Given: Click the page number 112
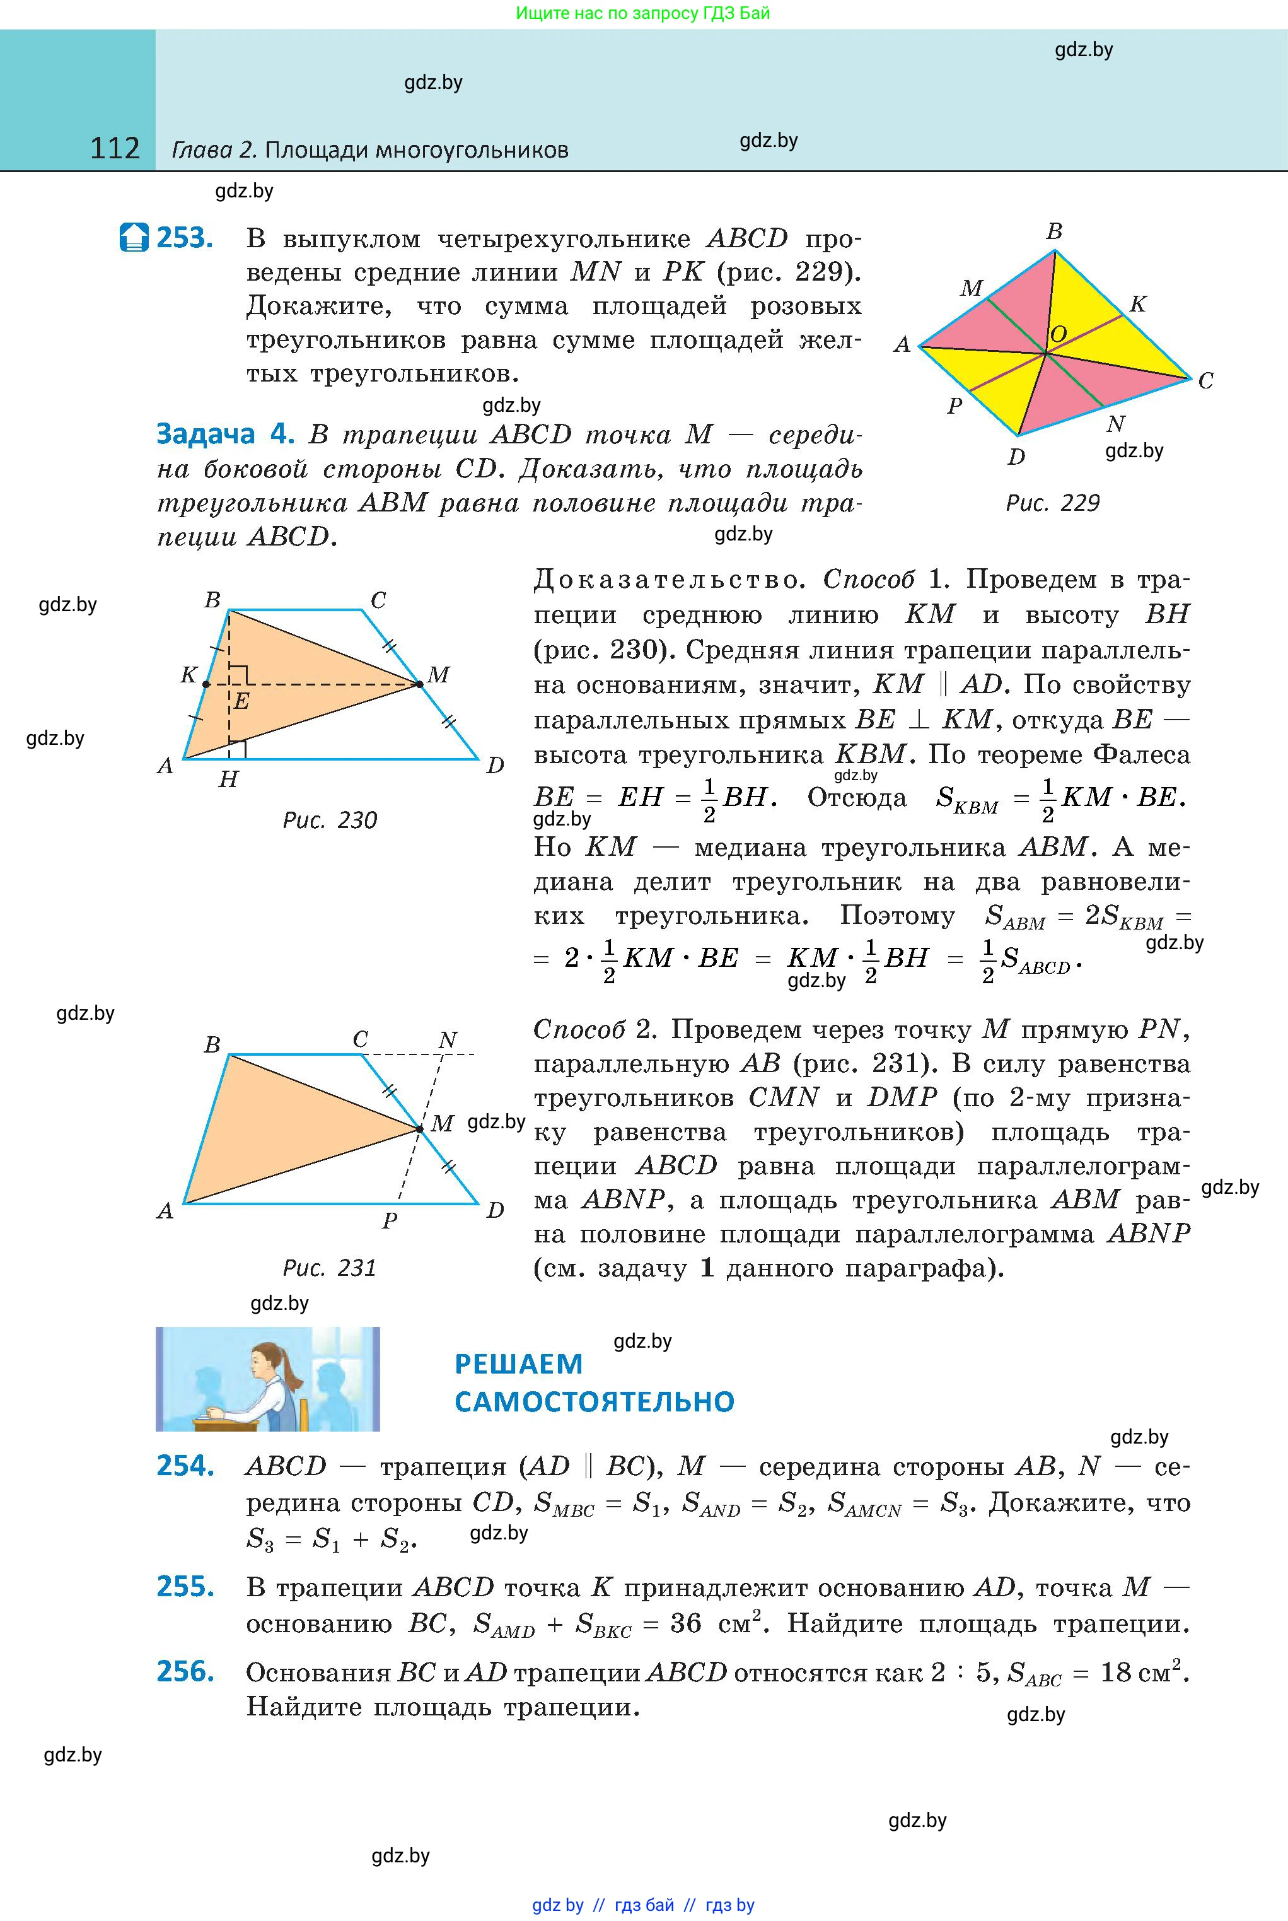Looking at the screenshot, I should coord(115,149).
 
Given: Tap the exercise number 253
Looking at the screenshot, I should coord(185,238).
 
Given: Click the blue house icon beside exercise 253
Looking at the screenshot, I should coord(134,238).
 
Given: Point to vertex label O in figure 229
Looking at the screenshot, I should coord(1058,334).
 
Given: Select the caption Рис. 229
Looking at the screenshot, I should coord(1052,503).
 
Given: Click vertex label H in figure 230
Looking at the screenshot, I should coord(228,779).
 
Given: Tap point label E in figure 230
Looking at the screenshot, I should coord(241,702).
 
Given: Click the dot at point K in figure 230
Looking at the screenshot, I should coord(206,684).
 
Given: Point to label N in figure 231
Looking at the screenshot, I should coord(447,1040).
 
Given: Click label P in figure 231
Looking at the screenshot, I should coord(390,1221).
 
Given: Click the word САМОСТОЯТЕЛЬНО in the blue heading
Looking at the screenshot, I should coord(594,1401).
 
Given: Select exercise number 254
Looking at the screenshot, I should coord(185,1466).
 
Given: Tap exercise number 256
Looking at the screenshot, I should coord(185,1671).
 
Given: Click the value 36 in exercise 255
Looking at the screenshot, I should coord(686,1623).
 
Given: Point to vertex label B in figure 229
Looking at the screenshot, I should coord(1054,231).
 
